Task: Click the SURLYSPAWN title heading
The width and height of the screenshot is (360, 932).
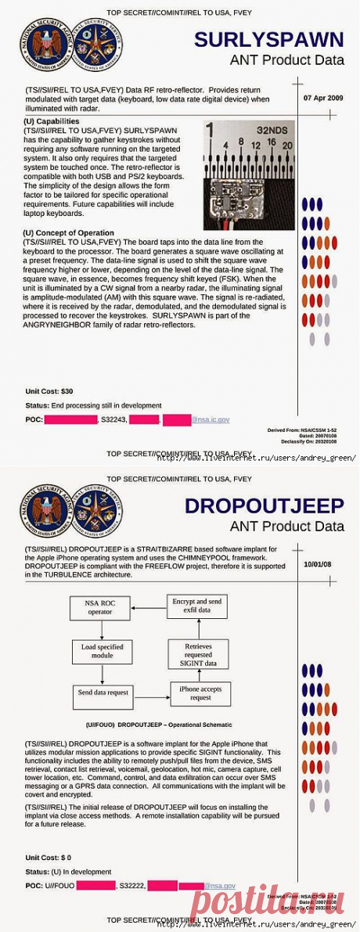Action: [268, 40]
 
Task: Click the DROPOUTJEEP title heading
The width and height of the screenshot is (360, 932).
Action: [265, 506]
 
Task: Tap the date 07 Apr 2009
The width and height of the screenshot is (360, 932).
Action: [322, 99]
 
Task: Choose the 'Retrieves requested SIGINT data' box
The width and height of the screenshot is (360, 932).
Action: [200, 653]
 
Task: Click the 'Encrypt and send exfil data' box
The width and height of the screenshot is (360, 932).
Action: [200, 605]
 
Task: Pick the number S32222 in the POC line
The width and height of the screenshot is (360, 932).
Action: [131, 885]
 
